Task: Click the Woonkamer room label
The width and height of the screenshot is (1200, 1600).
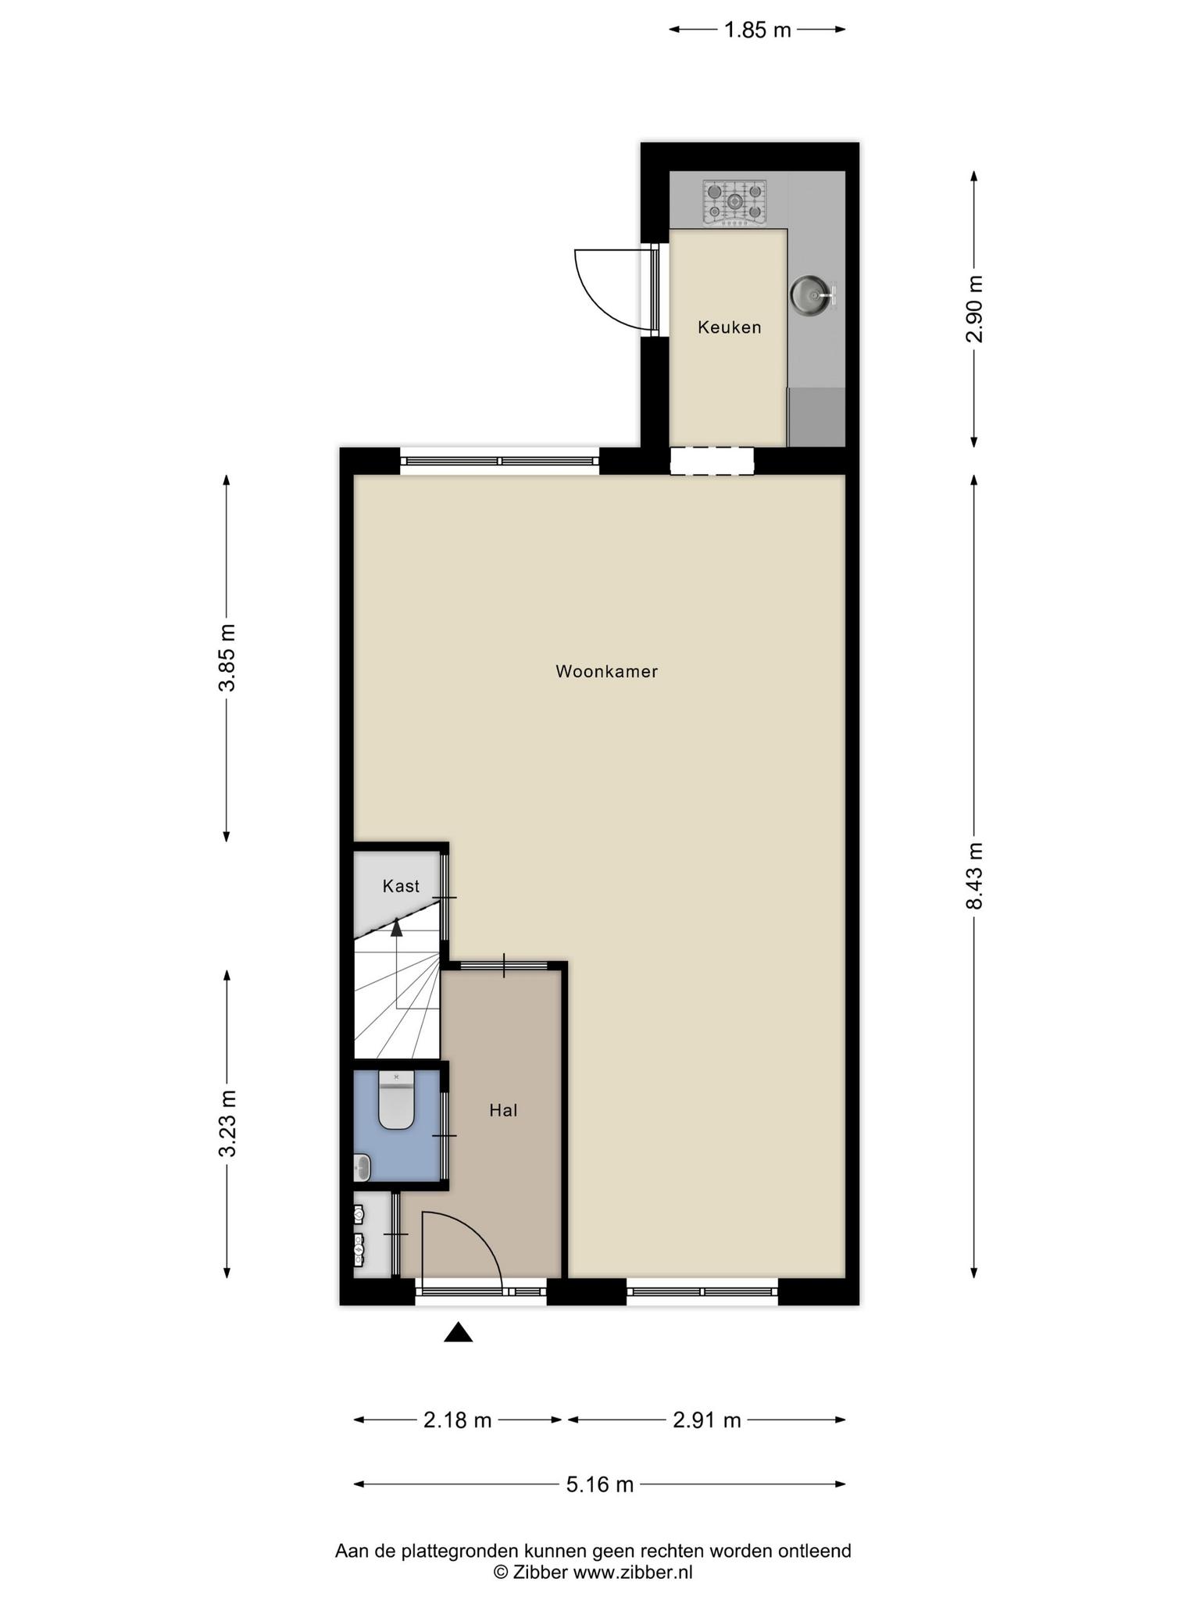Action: tap(606, 671)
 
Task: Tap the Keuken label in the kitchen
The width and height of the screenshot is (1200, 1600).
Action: tap(729, 327)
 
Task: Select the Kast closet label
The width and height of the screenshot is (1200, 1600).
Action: tap(401, 886)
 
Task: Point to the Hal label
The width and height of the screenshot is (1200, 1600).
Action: tap(503, 1110)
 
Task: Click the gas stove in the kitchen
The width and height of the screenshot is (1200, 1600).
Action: tap(734, 202)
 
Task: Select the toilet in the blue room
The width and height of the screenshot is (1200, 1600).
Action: tap(396, 1100)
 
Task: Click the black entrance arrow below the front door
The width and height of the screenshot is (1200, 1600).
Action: tap(459, 1333)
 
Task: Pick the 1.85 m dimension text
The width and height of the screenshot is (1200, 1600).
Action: tap(758, 30)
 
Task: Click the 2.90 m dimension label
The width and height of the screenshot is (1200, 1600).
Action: tap(974, 309)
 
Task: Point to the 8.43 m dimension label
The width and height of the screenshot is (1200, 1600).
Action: tap(974, 876)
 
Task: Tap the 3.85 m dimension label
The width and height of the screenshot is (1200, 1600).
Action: tap(227, 658)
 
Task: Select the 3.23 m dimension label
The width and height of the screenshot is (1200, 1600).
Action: tap(227, 1123)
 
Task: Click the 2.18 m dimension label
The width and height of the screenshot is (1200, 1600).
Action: tap(458, 1420)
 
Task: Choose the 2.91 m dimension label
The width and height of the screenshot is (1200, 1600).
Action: tap(707, 1420)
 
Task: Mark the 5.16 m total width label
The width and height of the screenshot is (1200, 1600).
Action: tap(600, 1484)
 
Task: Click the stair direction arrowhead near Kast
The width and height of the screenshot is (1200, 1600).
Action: tap(397, 927)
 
